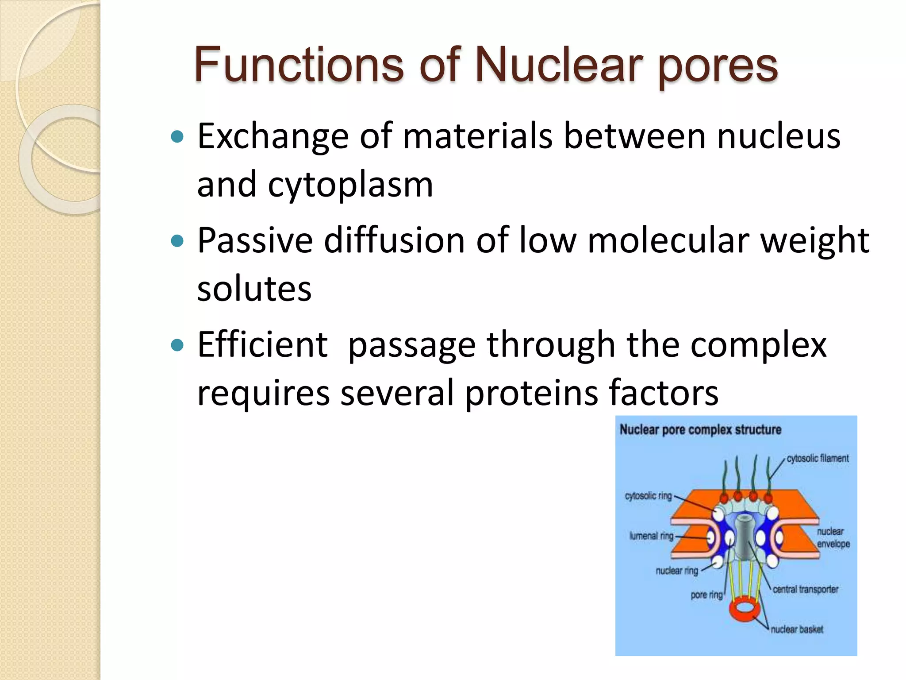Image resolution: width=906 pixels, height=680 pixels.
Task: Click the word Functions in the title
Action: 299,66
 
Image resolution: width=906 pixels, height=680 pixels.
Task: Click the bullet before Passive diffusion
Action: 177,241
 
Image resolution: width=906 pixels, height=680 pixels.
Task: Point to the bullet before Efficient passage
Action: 177,345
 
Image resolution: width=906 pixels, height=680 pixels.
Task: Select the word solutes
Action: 254,289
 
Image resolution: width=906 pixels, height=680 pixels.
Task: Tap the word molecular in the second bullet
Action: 668,240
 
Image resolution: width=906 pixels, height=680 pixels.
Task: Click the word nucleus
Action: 779,136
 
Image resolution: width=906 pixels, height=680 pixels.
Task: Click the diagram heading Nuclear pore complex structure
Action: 700,429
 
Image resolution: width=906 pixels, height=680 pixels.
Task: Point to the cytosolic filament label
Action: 818,459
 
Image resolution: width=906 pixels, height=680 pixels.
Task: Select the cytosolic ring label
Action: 648,496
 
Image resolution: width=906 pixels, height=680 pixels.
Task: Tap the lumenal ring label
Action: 651,536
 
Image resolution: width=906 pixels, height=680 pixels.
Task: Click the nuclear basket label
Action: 797,630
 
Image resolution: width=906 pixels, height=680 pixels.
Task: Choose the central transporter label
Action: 805,589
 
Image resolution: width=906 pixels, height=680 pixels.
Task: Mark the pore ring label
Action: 706,595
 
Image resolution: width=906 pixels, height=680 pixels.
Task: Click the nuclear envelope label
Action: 833,537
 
